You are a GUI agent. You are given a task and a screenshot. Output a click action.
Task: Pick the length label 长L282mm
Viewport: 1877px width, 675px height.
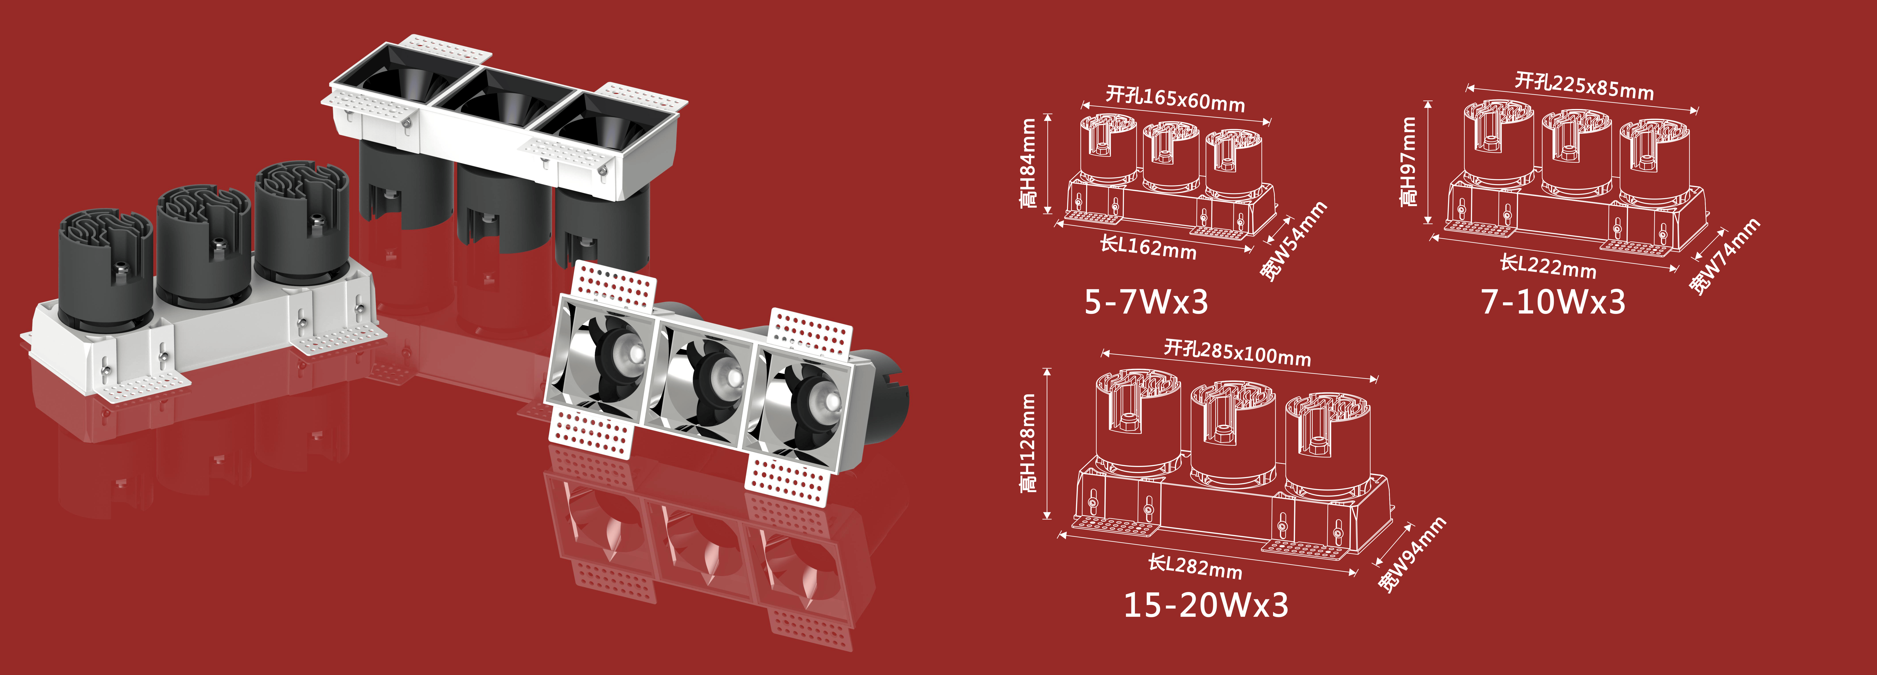tap(1195, 566)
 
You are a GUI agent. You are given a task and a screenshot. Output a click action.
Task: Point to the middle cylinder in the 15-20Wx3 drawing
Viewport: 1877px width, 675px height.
tap(1233, 434)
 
